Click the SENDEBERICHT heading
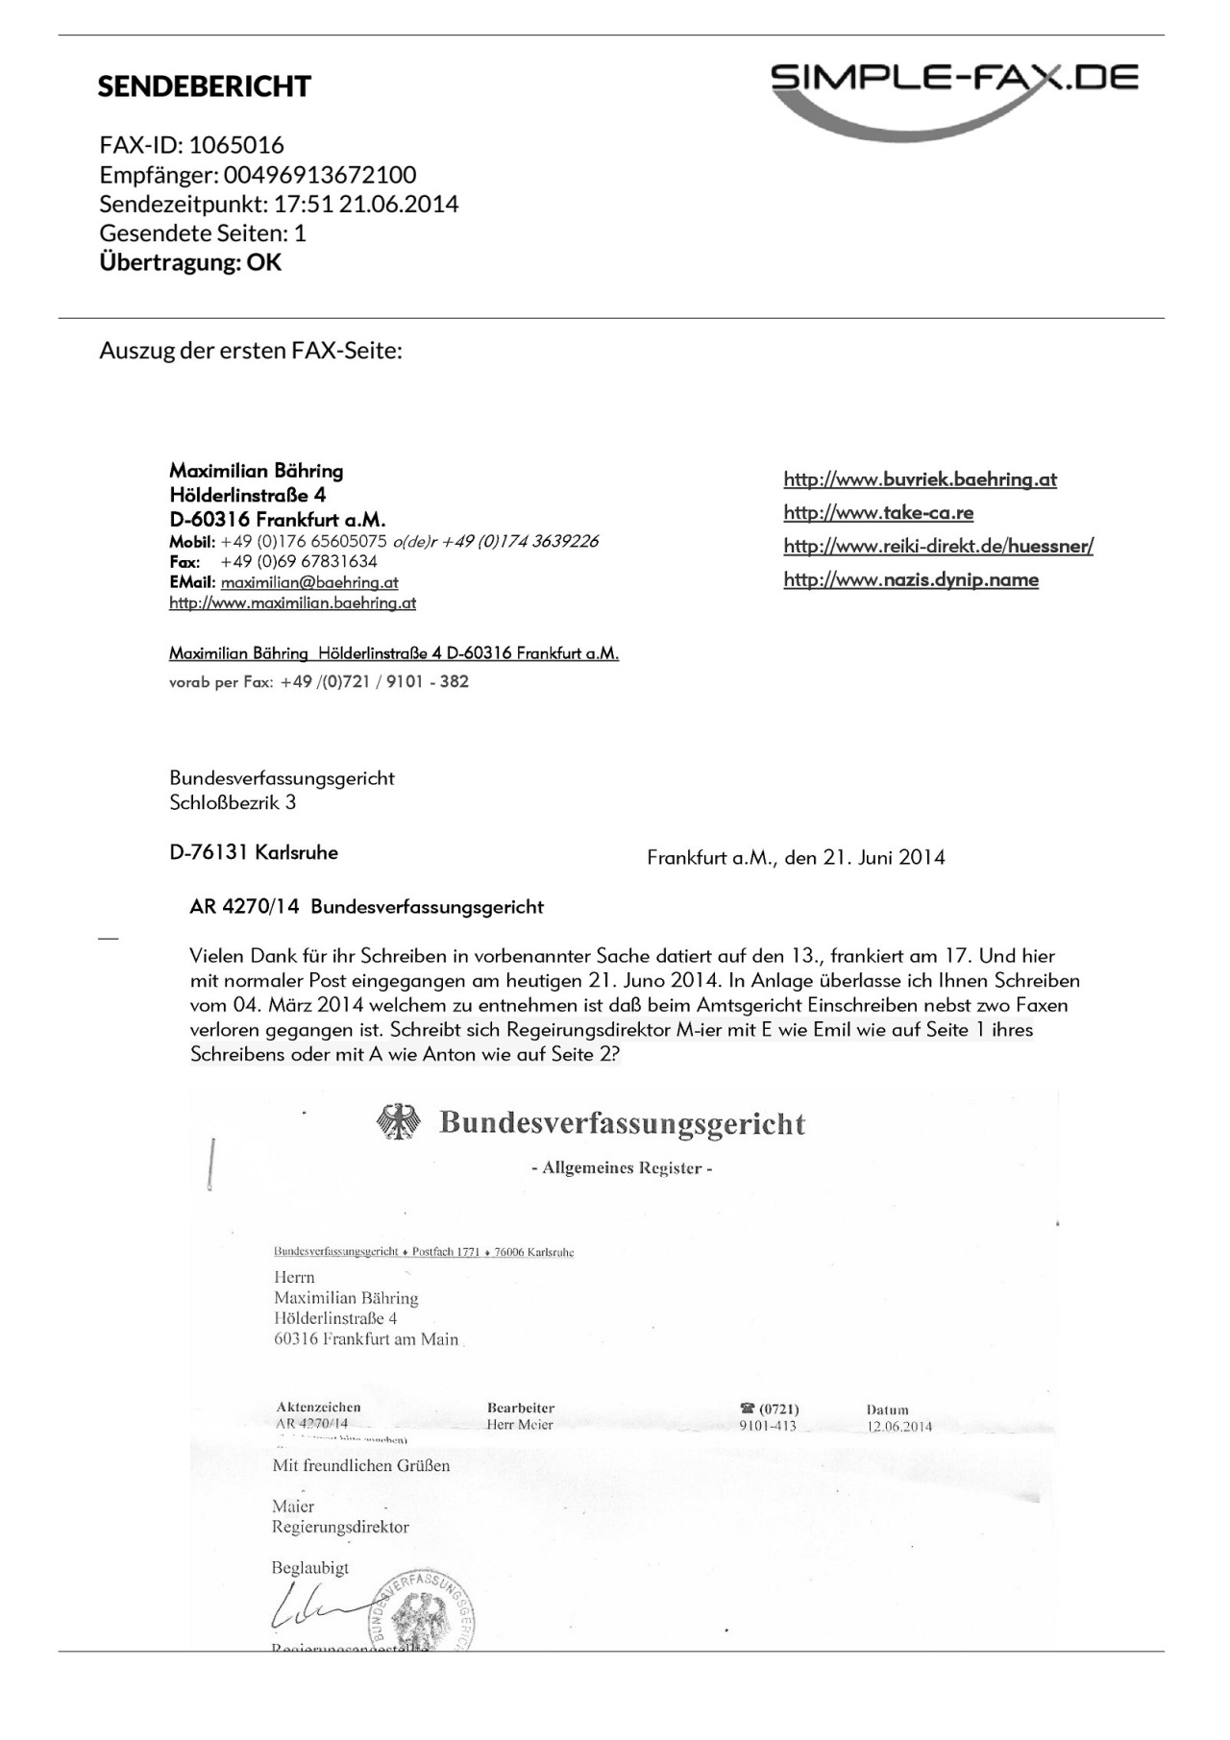[x=204, y=86]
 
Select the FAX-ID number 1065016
[x=236, y=145]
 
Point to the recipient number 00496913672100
[x=320, y=175]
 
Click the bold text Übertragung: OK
[x=190, y=262]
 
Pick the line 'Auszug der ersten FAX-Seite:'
[x=251, y=350]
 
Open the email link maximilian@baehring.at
[x=309, y=582]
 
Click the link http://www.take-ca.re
[x=878, y=513]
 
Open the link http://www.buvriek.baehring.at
[x=920, y=479]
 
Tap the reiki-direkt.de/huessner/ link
[x=938, y=547]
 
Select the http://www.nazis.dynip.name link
[x=910, y=579]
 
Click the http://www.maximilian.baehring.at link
[x=292, y=603]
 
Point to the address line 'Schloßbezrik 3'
[x=233, y=803]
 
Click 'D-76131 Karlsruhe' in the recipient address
[x=254, y=852]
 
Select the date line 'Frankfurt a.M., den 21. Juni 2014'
[x=796, y=857]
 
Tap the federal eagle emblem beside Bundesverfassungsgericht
[x=399, y=1122]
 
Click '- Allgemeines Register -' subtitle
[x=622, y=1168]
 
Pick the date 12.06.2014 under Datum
[x=898, y=1426]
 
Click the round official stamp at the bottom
[x=422, y=1614]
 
